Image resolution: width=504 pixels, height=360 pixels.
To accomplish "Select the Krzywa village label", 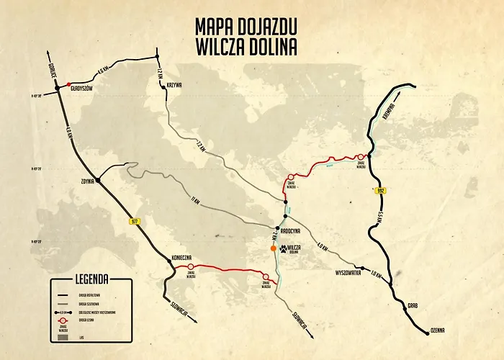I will tap(174, 85).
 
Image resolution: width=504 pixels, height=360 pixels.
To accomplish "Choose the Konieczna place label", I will tap(181, 257).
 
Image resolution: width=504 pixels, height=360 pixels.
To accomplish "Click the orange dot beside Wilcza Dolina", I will tap(273, 248).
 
